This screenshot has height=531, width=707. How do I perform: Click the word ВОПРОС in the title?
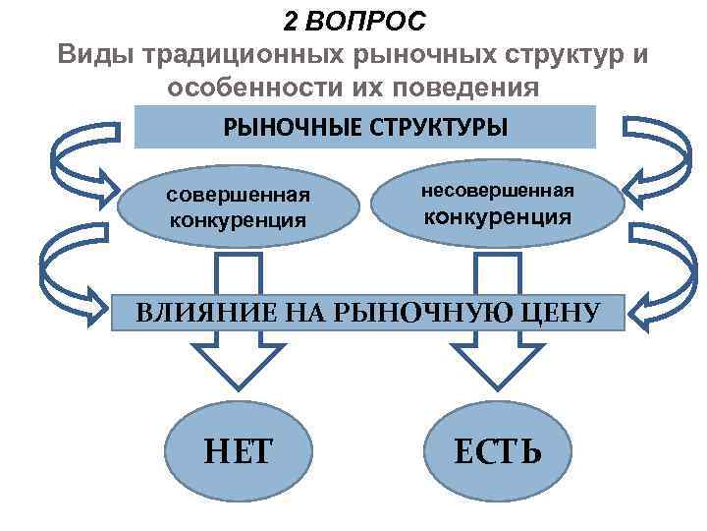click(x=368, y=21)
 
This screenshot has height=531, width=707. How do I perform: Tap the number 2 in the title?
click(x=292, y=21)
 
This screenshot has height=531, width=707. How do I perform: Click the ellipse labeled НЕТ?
click(x=239, y=449)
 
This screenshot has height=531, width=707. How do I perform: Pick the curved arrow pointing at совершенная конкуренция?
click(x=69, y=162)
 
